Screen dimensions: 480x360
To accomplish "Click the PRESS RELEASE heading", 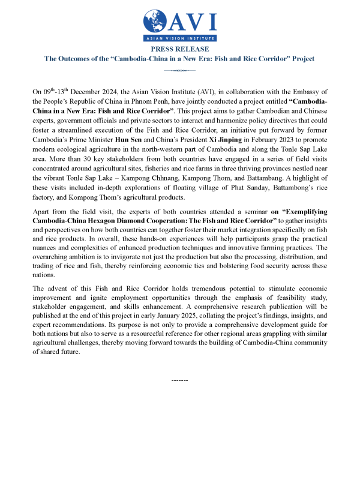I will [180, 49].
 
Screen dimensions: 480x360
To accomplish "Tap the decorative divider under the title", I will [180, 70].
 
